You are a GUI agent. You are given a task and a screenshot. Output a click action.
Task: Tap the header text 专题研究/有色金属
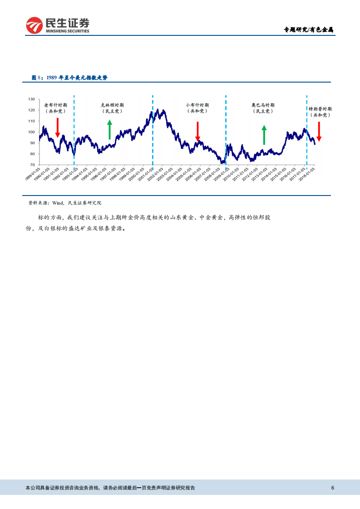point(308,30)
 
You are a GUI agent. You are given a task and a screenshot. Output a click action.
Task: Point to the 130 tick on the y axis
point(31,99)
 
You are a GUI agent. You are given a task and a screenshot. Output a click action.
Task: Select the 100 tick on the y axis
point(31,132)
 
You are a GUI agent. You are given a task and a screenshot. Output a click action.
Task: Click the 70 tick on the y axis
point(32,165)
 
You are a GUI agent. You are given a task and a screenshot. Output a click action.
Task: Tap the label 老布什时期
point(55,105)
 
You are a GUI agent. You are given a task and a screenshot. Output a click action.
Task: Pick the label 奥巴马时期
point(263,105)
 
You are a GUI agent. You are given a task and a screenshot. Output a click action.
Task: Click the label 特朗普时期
point(320,109)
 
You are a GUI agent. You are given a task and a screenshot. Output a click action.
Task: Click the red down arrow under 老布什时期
point(58,127)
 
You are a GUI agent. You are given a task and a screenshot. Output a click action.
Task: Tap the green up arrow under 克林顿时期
point(109,129)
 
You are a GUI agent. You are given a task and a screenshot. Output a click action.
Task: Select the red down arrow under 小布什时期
point(197,132)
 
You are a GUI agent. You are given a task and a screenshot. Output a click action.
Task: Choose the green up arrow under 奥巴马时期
point(264,135)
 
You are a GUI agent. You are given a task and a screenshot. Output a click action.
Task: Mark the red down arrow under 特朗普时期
point(319,131)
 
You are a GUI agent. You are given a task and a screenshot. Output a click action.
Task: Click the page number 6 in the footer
point(333,488)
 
